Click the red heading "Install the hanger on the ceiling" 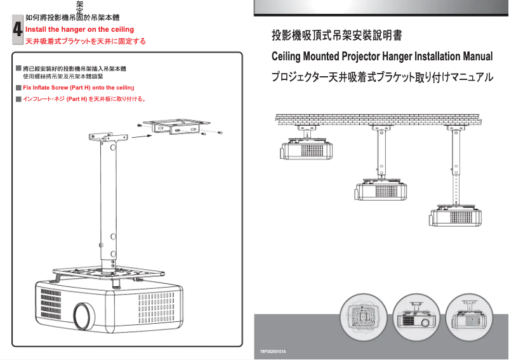pos(79,29)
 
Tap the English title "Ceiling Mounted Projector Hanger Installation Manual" pos(382,57)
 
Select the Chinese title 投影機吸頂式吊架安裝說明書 pos(336,35)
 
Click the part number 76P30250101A pos(274,351)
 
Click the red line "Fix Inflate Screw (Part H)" pos(79,87)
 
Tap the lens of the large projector pos(82,313)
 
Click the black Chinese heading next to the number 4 pos(76,18)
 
